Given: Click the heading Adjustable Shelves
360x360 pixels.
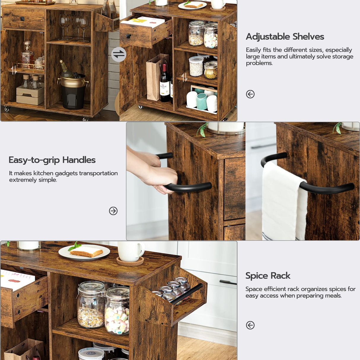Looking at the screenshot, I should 285,37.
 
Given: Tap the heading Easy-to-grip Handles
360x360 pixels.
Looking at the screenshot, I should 52,160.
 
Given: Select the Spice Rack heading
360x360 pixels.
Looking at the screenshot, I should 267,276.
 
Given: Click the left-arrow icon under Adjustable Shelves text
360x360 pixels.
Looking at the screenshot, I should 250,94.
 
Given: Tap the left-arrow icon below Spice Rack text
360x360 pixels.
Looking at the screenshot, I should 250,325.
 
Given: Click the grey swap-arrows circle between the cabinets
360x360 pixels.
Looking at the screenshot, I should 119,55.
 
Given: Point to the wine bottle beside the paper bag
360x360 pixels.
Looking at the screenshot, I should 165,83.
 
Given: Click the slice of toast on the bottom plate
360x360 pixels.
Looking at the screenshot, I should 86,252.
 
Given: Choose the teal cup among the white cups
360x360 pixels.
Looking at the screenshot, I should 202,101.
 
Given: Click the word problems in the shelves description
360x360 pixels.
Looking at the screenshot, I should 259,63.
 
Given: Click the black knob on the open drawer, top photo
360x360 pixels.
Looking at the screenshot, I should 128,36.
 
